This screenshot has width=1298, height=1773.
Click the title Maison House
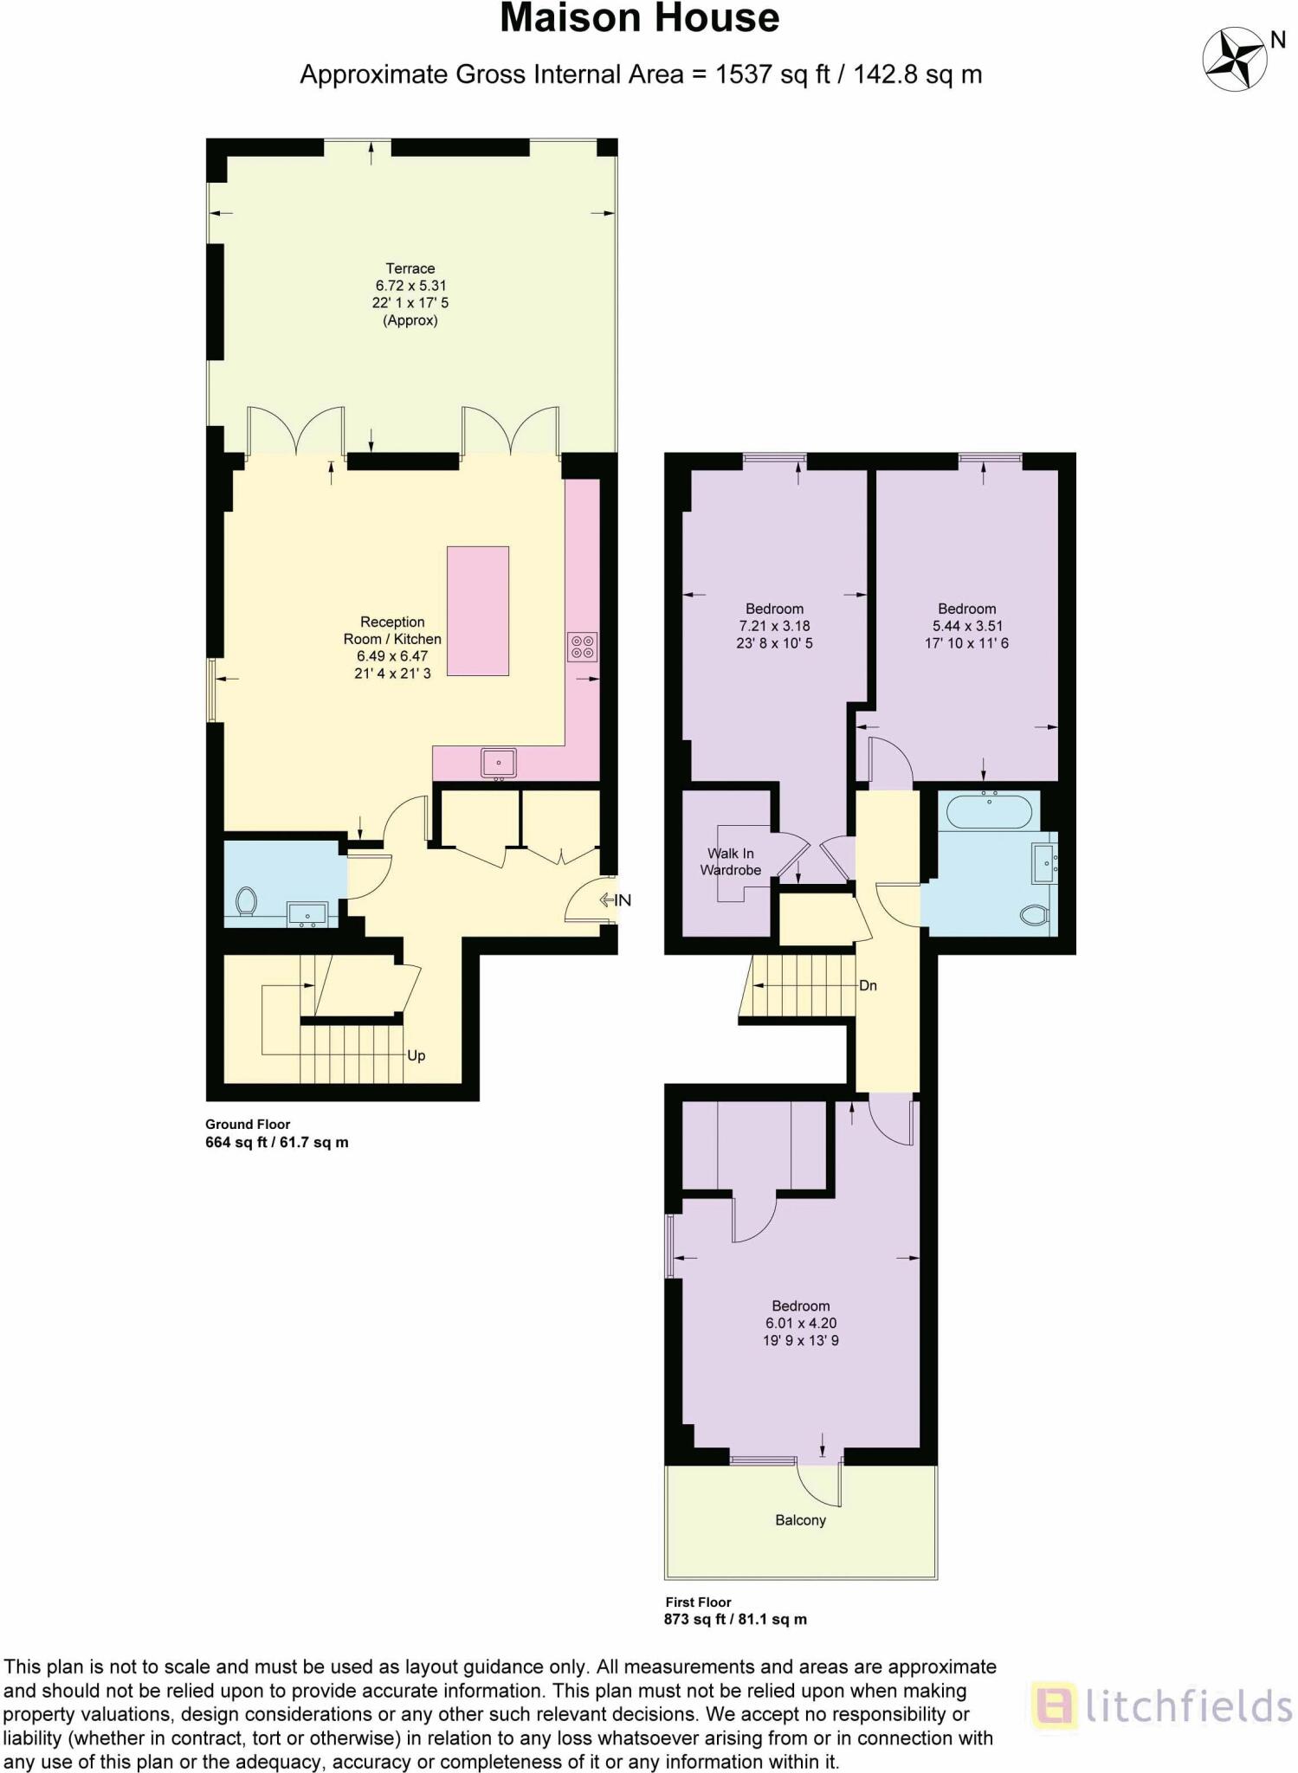(x=640, y=19)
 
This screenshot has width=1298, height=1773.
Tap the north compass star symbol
(x=1234, y=59)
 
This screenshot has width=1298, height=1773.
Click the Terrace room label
(x=410, y=268)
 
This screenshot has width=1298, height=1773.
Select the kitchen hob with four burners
(x=582, y=647)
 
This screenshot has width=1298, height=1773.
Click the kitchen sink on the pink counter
(x=499, y=763)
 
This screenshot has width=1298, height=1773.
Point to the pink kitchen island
(x=477, y=610)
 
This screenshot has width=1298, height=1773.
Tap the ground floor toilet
(x=247, y=901)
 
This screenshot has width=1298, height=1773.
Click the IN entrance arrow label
(x=617, y=900)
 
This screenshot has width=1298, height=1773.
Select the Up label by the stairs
(x=417, y=1055)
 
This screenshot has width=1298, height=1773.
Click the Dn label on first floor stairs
(x=868, y=985)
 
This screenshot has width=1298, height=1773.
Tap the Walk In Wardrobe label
(x=731, y=861)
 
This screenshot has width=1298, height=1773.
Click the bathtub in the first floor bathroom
(x=989, y=812)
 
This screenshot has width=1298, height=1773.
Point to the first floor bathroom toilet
(x=1036, y=914)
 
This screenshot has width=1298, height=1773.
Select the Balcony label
(x=800, y=1520)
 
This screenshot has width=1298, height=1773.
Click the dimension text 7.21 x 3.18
(x=774, y=626)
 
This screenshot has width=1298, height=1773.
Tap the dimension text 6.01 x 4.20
(x=800, y=1323)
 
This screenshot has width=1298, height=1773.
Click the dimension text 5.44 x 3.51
(x=967, y=626)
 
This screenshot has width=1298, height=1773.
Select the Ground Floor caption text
(x=248, y=1124)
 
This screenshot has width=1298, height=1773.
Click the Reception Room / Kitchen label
(x=392, y=630)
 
